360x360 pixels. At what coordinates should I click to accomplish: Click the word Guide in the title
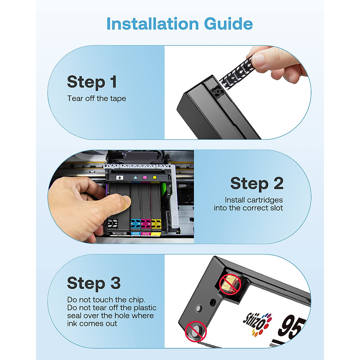click(x=229, y=24)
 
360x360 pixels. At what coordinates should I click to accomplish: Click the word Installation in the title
click(x=153, y=24)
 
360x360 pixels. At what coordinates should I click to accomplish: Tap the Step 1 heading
click(x=92, y=82)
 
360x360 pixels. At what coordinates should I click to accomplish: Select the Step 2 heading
click(x=257, y=183)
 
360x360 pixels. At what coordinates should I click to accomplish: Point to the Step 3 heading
click(x=94, y=283)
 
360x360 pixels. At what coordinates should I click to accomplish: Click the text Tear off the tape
click(x=97, y=98)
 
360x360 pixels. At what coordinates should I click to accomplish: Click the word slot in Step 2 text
click(x=275, y=208)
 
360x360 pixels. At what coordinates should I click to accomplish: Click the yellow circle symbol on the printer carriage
click(x=155, y=177)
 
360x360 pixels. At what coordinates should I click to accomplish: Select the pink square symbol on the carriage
click(x=145, y=177)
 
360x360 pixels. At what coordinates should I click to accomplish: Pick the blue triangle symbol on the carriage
click(x=136, y=177)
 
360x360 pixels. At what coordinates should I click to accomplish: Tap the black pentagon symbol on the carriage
click(x=120, y=177)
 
